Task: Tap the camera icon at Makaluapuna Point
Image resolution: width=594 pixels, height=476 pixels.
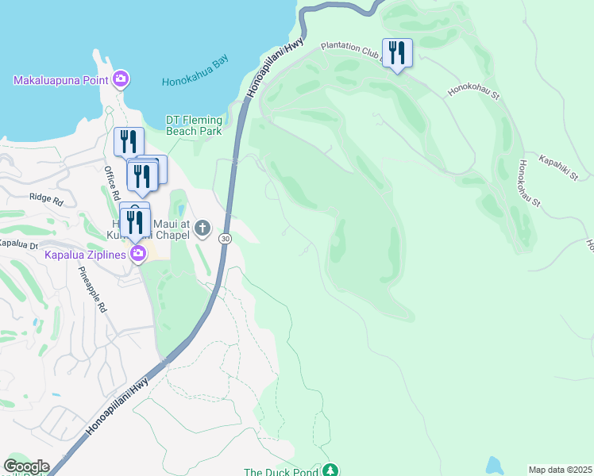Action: pos(121,79)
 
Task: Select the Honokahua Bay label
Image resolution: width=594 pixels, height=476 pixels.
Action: pos(195,81)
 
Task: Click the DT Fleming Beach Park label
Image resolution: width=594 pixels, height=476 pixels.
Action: pos(194,125)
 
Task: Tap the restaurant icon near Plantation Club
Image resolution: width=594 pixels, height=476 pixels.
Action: pos(397,53)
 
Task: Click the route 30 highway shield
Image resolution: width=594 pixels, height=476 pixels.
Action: pos(226,238)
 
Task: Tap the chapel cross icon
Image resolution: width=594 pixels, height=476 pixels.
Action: pos(202,229)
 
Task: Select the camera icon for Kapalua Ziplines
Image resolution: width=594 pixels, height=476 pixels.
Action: pos(139,254)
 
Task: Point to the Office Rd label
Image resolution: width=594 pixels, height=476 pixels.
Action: pos(111,182)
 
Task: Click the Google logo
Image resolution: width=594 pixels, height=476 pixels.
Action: pos(26,466)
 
